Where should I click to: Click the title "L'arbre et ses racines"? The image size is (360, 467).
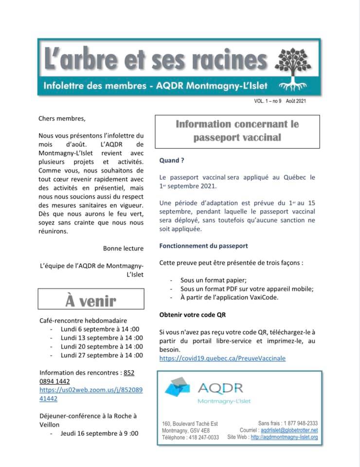156,60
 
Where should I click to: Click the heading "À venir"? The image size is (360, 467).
91,300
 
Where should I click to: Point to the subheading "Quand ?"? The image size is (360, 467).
172,161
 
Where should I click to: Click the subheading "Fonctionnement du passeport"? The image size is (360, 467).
203,246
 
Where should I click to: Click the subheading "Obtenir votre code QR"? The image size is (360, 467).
193,315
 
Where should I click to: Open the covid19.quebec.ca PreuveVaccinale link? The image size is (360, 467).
222,358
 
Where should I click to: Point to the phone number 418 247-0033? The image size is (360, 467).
203,437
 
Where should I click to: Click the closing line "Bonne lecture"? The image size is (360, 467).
123,248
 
